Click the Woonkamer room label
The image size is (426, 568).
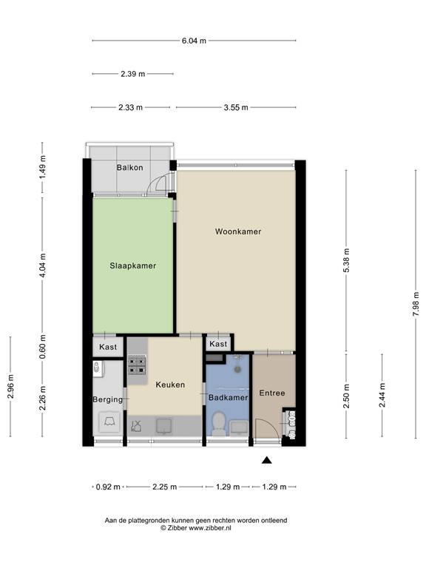point(238,231)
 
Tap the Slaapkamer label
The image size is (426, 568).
point(132,266)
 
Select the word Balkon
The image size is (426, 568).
point(129,167)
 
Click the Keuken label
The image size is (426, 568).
point(170,385)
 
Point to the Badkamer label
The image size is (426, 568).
point(228,397)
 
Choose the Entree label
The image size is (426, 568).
point(272,393)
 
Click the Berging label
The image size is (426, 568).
point(107,399)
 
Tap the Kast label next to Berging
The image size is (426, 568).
point(108,346)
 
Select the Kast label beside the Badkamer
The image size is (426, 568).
point(218,344)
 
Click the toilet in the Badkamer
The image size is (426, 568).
point(218,424)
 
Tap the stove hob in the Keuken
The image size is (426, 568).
point(137,367)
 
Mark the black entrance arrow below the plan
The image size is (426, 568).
point(267,461)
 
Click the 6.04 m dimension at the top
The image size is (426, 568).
point(194,41)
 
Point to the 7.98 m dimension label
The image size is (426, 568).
point(416,303)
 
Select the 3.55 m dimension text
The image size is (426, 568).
point(236,108)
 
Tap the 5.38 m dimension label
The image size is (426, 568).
point(347,261)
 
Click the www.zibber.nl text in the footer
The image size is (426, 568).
point(210,529)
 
